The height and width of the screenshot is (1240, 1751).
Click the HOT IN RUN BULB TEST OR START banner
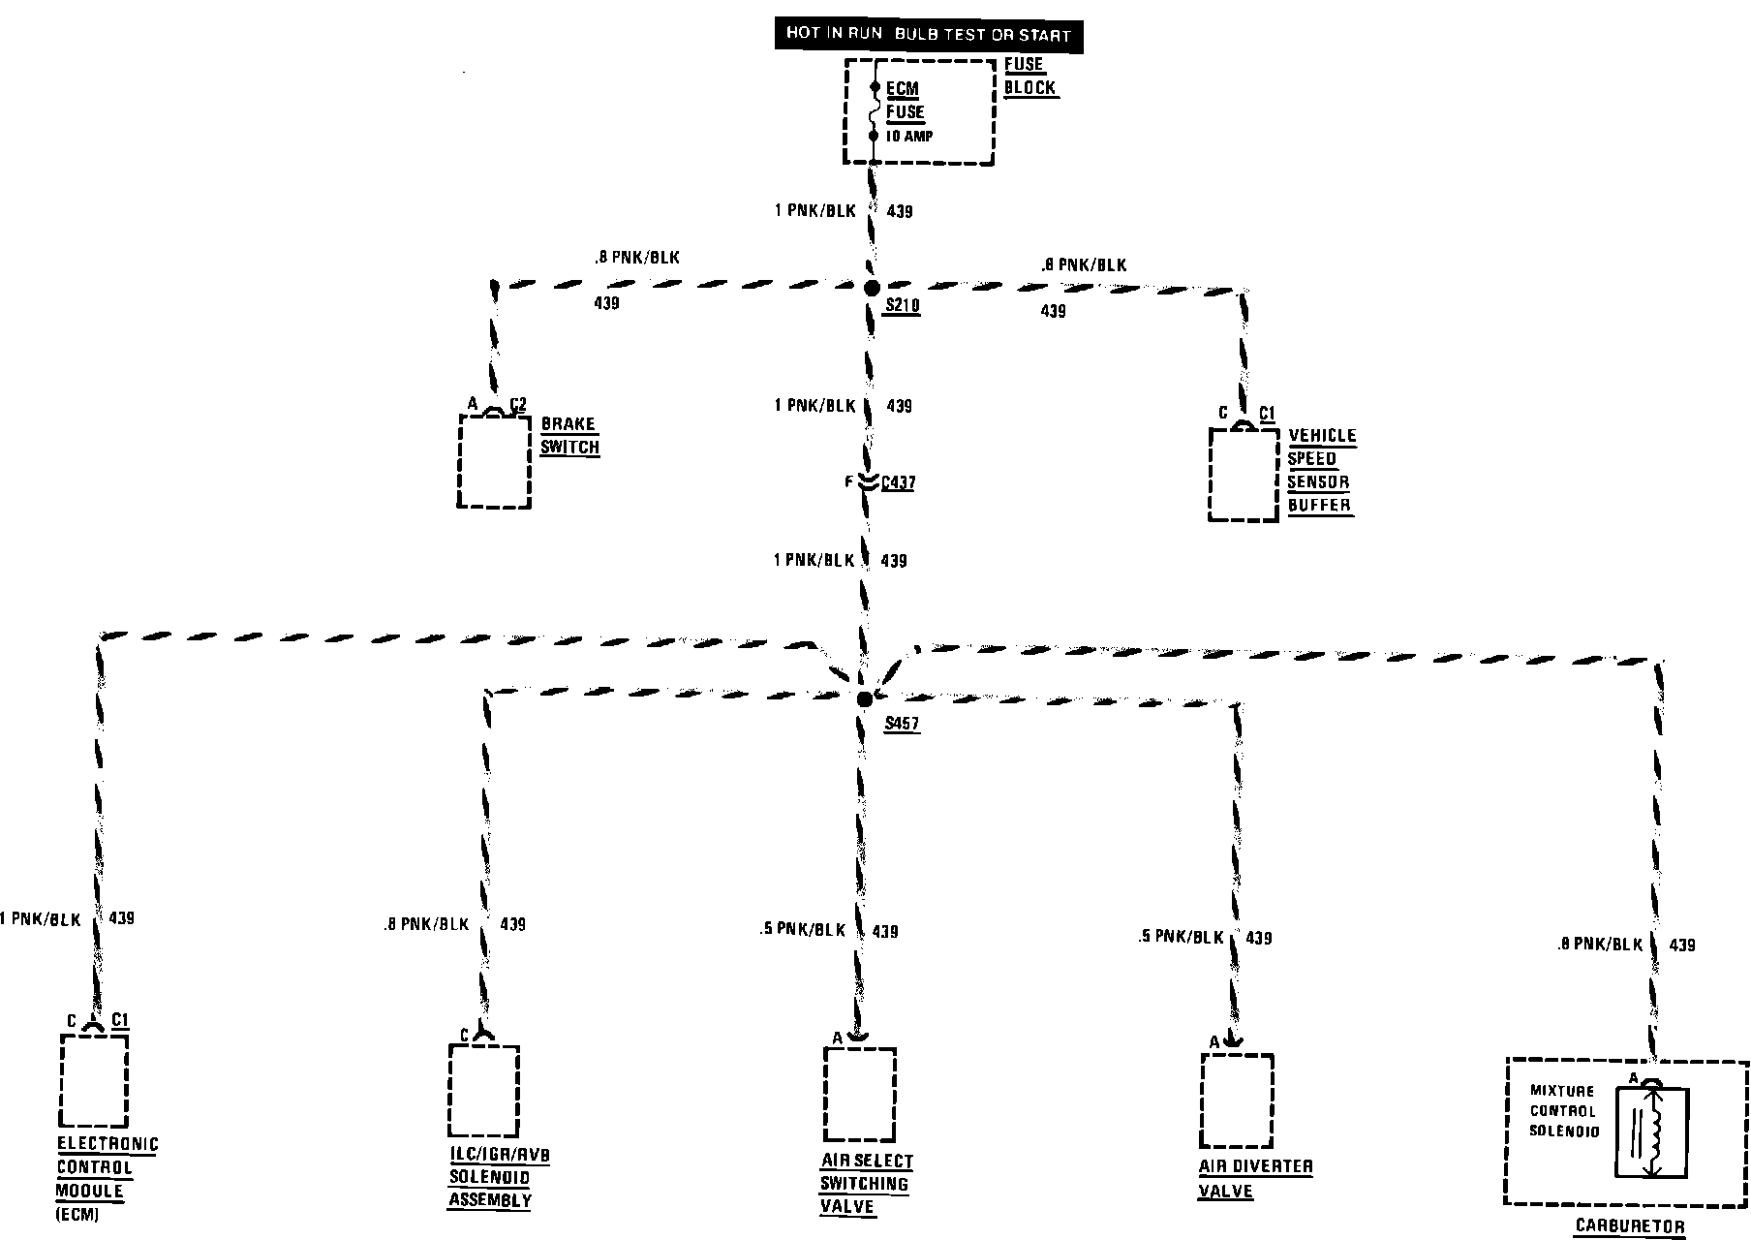pyautogui.click(x=928, y=35)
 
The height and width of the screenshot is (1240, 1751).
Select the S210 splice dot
pyautogui.click(x=872, y=288)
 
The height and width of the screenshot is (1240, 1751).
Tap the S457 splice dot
pyautogui.click(x=865, y=698)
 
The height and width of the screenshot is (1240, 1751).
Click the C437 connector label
pyautogui.click(x=898, y=481)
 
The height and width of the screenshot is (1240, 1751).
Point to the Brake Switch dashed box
pyautogui.click(x=494, y=461)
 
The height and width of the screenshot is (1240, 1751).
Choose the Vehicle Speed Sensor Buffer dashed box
pyautogui.click(x=1244, y=475)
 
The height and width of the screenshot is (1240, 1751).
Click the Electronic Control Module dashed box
pyautogui.click(x=94, y=1079)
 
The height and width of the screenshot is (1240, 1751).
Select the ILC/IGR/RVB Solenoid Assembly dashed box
pyautogui.click(x=483, y=1090)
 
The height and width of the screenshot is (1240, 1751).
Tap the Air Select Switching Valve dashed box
pyautogui.click(x=859, y=1094)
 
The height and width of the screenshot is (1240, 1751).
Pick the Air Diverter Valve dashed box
pyautogui.click(x=1237, y=1100)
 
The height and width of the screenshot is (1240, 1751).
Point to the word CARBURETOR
pyautogui.click(x=1630, y=1226)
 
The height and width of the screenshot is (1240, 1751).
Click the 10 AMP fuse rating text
pyautogui.click(x=909, y=137)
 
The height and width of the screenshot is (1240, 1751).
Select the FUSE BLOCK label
pyautogui.click(x=1029, y=77)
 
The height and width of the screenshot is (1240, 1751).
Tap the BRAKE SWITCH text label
pyautogui.click(x=569, y=436)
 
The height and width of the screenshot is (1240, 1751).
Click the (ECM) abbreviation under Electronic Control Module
pyautogui.click(x=77, y=1215)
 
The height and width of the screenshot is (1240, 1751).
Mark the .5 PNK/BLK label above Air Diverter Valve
pyautogui.click(x=1180, y=938)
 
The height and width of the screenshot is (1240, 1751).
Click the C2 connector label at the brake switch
pyautogui.click(x=518, y=404)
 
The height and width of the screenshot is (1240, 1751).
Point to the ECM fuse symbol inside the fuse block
pyautogui.click(x=874, y=112)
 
